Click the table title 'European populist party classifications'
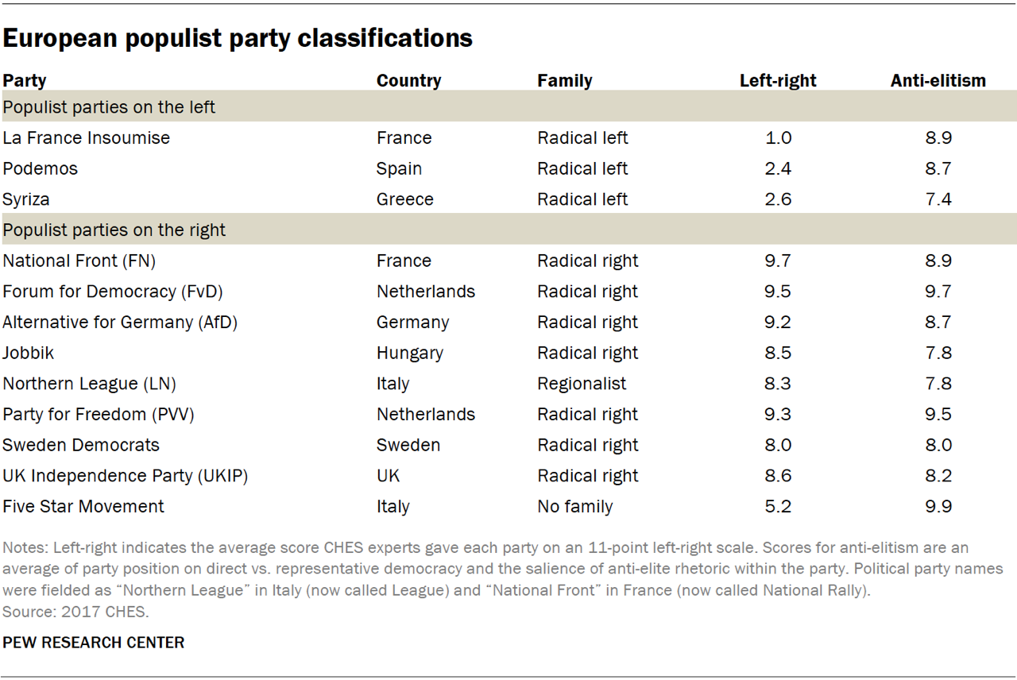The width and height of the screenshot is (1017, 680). click(x=238, y=37)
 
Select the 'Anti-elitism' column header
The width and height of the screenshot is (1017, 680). click(x=938, y=80)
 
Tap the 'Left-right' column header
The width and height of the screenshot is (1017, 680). click(x=778, y=80)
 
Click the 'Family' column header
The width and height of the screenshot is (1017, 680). click(x=564, y=80)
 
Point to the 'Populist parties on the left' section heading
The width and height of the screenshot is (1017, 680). click(x=109, y=106)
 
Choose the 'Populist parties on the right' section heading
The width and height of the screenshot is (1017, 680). click(x=114, y=230)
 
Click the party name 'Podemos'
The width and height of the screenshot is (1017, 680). click(x=39, y=168)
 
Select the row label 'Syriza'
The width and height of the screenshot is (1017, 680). click(x=27, y=199)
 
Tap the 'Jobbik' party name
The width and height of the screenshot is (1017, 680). click(x=29, y=353)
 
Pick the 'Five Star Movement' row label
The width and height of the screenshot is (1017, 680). click(x=83, y=507)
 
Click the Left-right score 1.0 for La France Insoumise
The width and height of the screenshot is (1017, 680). click(x=778, y=138)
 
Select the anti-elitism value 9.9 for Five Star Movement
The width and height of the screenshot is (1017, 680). click(x=938, y=507)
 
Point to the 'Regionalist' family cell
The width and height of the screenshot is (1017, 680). click(x=582, y=384)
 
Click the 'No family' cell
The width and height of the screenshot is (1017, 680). click(x=575, y=507)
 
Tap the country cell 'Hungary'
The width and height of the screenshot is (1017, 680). click(x=410, y=353)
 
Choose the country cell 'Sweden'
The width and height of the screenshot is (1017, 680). click(x=408, y=445)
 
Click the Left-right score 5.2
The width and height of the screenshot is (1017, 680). click(x=778, y=507)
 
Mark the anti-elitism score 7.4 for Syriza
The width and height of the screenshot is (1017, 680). click(x=938, y=199)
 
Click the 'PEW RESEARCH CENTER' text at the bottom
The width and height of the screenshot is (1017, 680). click(x=94, y=643)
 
